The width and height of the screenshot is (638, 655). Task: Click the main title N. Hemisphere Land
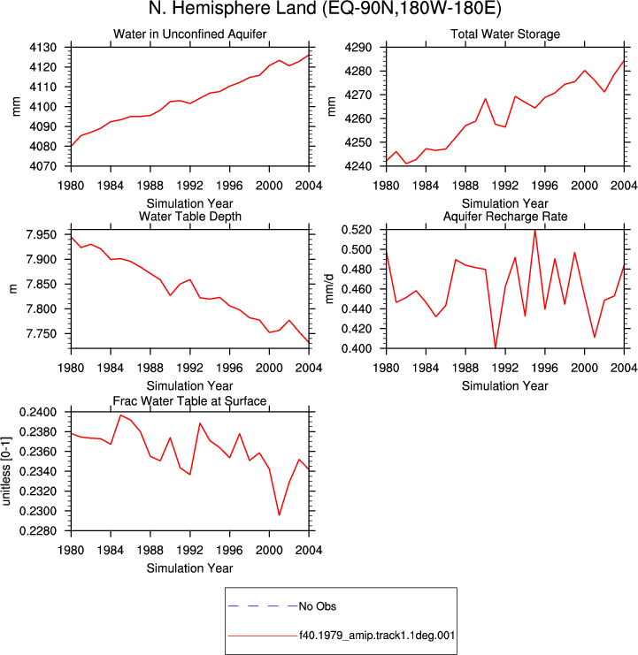pos(233,8)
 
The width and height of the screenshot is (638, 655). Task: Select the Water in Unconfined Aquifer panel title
pos(190,34)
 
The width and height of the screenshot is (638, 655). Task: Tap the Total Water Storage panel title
pos(505,34)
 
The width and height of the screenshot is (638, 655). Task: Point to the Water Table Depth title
pos(190,217)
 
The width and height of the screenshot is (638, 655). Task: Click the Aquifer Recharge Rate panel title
pos(505,217)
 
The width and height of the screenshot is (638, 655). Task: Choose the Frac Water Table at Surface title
pos(190,401)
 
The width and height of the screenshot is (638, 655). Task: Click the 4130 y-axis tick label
pos(42,47)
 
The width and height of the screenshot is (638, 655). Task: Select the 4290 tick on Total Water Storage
pos(357,47)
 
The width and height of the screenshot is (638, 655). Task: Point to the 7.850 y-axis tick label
pos(41,284)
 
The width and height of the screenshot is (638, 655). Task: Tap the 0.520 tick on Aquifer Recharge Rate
pos(357,229)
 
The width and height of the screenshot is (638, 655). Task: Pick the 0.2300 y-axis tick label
pos(38,511)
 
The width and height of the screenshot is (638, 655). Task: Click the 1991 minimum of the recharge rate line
pos(496,347)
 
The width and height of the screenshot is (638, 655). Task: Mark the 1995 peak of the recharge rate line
pos(535,230)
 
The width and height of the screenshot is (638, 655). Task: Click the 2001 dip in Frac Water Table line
pos(280,515)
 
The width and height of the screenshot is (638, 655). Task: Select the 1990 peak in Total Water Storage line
pos(486,99)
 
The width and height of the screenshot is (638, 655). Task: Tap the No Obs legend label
pos(318,606)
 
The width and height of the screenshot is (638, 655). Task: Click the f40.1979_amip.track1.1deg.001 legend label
pos(377,636)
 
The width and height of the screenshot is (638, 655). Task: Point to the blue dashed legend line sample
pos(263,605)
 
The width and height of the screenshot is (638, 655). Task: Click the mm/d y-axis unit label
pos(329,289)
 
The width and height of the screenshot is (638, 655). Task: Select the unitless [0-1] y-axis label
pos(6,471)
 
